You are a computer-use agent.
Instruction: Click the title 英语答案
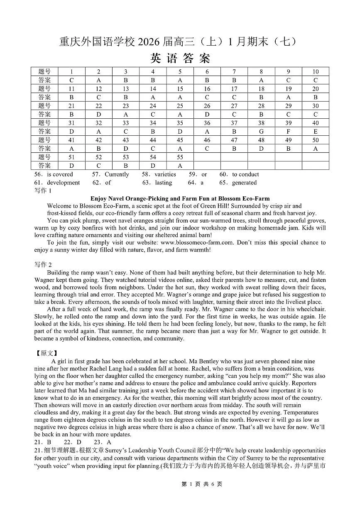[x=180, y=58]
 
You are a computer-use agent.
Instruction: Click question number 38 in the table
[x=261, y=123]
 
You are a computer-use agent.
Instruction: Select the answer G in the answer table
[x=261, y=132]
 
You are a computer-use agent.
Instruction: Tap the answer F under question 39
[x=288, y=132]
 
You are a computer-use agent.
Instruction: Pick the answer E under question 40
[x=316, y=132]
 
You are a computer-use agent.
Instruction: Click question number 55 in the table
[x=180, y=157]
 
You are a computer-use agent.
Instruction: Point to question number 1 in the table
[x=71, y=71]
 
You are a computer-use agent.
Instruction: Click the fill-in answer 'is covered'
[x=60, y=174]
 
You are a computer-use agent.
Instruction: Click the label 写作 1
[x=43, y=191]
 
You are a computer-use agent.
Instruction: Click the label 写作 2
[x=43, y=264]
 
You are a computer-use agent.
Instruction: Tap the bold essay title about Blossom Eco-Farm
[x=180, y=198]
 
